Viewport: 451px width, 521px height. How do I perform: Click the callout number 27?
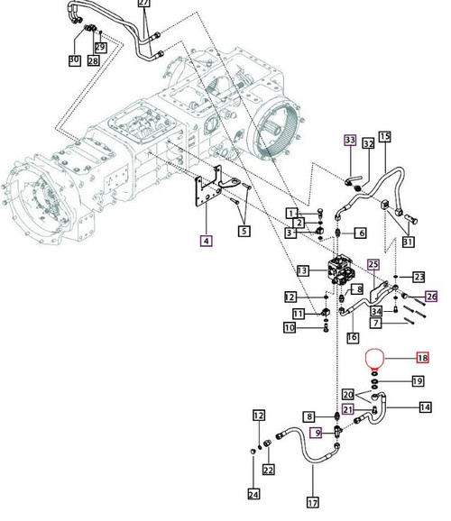[170, 5]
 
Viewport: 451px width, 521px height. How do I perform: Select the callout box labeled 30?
[74, 60]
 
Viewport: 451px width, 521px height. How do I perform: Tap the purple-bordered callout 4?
[207, 241]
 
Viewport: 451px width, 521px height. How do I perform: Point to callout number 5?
[244, 232]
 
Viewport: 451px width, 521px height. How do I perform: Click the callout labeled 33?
[349, 140]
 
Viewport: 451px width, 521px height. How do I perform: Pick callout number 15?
[384, 137]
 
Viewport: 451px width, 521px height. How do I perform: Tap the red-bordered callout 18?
[422, 358]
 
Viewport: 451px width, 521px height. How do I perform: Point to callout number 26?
[431, 296]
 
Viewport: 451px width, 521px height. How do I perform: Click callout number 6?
[361, 233]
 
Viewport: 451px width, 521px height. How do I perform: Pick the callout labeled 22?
[268, 470]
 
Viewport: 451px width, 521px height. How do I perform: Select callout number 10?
[290, 328]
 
